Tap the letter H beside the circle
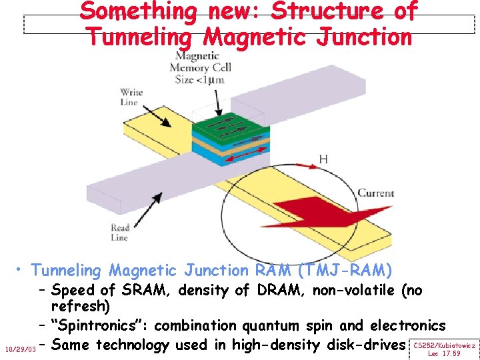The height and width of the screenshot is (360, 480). [x=323, y=159]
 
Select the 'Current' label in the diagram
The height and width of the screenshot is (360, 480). [x=376, y=193]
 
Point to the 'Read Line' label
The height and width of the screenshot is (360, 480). [x=120, y=232]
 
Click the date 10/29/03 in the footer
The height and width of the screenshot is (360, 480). [x=19, y=349]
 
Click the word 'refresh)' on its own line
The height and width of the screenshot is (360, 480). [x=81, y=306]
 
